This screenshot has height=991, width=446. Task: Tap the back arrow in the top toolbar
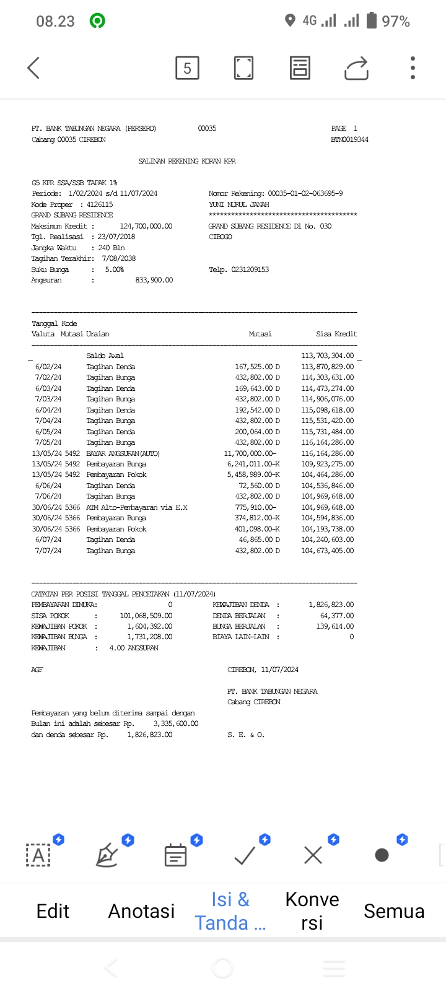[34, 68]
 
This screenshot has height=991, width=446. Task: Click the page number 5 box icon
[187, 68]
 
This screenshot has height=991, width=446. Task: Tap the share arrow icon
[356, 68]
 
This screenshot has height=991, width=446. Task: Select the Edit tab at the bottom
[53, 911]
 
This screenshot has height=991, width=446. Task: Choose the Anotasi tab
[141, 911]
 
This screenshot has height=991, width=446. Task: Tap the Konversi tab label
[312, 911]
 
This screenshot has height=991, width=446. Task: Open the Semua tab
[394, 911]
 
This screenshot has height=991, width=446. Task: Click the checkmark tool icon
[245, 855]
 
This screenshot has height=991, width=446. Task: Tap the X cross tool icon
[313, 855]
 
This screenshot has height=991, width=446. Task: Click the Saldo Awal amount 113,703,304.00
[328, 356]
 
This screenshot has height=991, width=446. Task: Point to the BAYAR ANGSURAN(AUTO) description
[123, 453]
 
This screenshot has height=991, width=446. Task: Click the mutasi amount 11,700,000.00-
[250, 453]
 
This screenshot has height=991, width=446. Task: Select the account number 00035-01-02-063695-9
[305, 193]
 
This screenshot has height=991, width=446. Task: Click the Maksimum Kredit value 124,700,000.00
[146, 226]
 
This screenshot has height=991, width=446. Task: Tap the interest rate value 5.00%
[114, 269]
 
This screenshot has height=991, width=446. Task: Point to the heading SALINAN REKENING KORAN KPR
[187, 161]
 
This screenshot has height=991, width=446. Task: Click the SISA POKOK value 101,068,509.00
[146, 616]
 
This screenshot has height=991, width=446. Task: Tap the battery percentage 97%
[396, 22]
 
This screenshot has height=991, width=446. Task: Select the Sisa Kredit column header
[336, 334]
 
